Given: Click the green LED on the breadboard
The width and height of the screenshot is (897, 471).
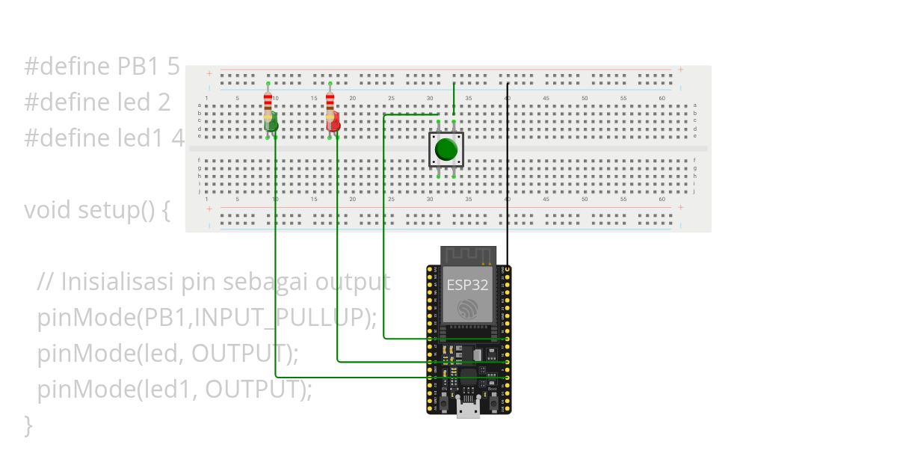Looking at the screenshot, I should pyautogui.click(x=271, y=121).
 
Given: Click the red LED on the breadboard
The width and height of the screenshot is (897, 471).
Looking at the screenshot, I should pyautogui.click(x=333, y=121).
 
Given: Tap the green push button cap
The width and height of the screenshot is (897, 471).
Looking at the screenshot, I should pyautogui.click(x=446, y=150).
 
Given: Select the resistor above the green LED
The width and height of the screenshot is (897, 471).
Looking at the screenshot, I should pyautogui.click(x=268, y=99).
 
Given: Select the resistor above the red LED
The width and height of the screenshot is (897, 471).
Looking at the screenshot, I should pyautogui.click(x=330, y=99).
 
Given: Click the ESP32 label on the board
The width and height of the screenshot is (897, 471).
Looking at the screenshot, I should pyautogui.click(x=467, y=285).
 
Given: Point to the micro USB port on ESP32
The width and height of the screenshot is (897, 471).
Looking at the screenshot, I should pyautogui.click(x=469, y=407).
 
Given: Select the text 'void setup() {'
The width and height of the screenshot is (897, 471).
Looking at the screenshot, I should pyautogui.click(x=97, y=210).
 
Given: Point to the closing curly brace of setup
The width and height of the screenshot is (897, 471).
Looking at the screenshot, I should pyautogui.click(x=28, y=425).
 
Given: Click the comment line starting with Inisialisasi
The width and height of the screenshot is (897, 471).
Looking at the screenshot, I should pyautogui.click(x=213, y=282).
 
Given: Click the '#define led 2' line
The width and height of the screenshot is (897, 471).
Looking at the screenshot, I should pyautogui.click(x=97, y=102).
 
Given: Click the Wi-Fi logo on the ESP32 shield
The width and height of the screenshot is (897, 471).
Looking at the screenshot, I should pyautogui.click(x=468, y=309).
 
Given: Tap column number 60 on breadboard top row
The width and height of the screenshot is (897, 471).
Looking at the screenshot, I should pyautogui.click(x=662, y=99).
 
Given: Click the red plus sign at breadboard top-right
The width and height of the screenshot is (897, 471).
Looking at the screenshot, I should pyautogui.click(x=680, y=70).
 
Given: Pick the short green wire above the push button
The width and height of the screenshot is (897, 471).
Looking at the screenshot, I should pyautogui.click(x=454, y=97).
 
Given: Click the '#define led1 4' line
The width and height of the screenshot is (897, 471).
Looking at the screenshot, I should pyautogui.click(x=103, y=138).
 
